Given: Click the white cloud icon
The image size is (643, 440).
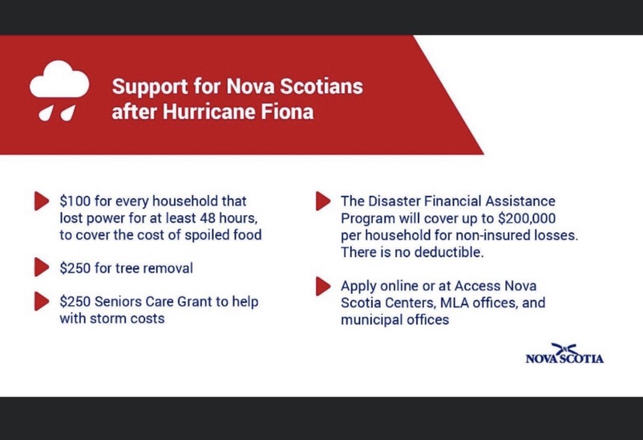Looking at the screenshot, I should click(x=59, y=83).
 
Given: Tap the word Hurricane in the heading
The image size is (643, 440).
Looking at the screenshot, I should click(x=202, y=111).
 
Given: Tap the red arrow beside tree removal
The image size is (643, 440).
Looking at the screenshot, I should click(x=42, y=267).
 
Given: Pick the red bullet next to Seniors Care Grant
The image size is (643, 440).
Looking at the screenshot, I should click(x=42, y=301).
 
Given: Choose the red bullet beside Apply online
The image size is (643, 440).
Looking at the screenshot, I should click(x=323, y=286).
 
